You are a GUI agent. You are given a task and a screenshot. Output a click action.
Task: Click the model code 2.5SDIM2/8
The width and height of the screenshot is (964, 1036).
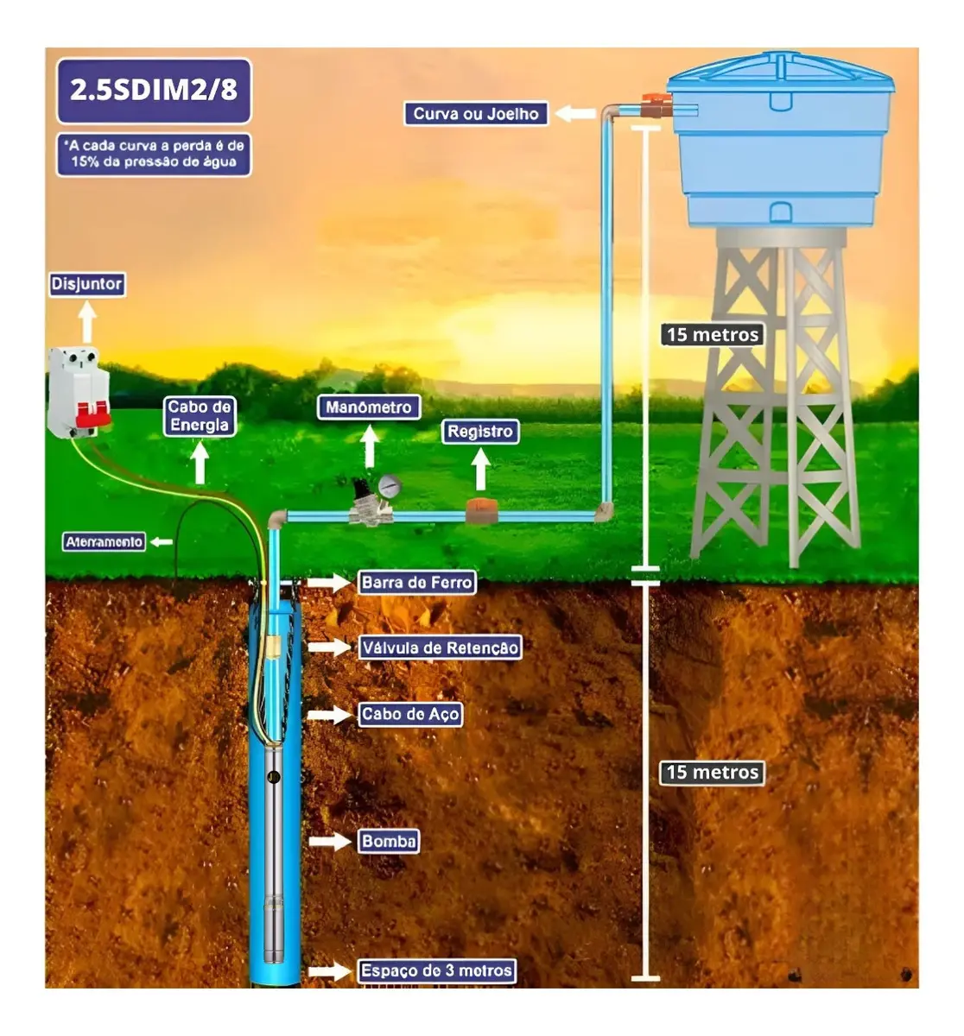point(154,91)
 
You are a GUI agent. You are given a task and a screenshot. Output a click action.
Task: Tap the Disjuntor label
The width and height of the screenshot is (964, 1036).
point(87,284)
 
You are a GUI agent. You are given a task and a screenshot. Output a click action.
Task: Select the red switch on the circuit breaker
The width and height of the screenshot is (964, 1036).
point(94,414)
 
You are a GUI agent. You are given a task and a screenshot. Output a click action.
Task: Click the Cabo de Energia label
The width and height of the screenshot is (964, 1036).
point(200,416)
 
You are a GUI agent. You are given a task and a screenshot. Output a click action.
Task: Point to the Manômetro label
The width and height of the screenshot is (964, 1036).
point(369,407)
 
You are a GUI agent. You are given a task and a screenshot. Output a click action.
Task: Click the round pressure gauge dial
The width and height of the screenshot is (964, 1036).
point(390,487)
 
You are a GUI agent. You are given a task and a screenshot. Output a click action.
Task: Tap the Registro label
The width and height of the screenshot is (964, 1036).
point(480,432)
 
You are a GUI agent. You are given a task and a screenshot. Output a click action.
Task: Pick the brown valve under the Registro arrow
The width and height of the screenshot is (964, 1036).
point(481,511)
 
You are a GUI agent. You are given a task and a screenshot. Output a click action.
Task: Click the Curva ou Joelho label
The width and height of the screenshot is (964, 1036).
point(476,113)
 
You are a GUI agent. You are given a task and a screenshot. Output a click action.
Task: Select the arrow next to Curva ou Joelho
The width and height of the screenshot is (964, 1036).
point(575,113)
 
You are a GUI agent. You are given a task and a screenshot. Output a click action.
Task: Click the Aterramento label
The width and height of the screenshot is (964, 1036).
point(104,542)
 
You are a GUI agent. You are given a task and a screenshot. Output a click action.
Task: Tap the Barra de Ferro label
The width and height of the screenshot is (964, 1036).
point(416,582)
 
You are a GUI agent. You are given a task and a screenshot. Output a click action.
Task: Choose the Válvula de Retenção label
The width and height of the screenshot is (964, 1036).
point(440,647)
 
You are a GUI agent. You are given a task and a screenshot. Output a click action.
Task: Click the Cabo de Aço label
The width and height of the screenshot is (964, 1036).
point(410,714)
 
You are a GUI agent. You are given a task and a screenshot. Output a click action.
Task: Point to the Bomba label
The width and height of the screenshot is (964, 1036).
point(389,841)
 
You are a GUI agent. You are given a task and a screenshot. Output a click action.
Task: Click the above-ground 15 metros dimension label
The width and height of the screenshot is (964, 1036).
point(713,334)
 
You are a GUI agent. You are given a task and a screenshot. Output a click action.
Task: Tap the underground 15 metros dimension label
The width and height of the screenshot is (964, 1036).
point(713,773)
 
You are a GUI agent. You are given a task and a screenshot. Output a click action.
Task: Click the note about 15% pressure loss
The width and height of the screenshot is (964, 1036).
point(154,155)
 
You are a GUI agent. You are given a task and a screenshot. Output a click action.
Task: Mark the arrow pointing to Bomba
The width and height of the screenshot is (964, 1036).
point(329,841)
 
